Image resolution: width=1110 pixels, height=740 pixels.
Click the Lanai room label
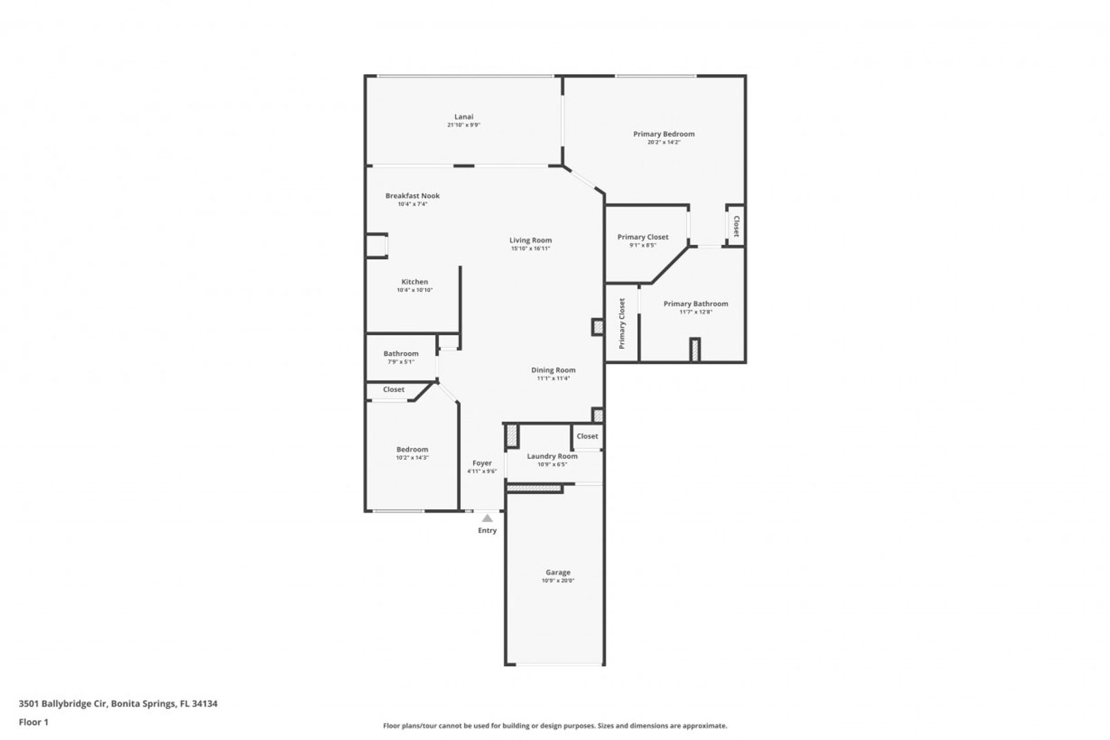click(464, 116)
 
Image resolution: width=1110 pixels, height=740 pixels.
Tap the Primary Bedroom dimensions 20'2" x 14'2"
click(663, 143)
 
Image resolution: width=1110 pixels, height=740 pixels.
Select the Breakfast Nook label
click(412, 196)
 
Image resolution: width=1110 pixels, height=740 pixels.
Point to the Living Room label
click(530, 241)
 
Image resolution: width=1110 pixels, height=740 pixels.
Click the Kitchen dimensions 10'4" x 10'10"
click(415, 290)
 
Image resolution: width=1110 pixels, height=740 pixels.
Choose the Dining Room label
click(553, 370)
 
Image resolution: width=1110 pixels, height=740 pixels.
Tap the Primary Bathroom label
click(695, 304)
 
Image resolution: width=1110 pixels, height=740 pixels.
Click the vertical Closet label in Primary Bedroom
click(737, 226)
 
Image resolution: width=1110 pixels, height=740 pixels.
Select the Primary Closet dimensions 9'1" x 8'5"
click(643, 245)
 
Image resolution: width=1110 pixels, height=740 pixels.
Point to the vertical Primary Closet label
click(622, 323)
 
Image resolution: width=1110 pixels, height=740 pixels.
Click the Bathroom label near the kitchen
click(400, 354)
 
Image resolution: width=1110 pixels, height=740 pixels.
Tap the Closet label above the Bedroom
click(393, 390)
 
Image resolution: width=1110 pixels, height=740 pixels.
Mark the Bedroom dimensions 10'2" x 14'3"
click(412, 458)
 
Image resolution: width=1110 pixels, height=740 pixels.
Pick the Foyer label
click(482, 463)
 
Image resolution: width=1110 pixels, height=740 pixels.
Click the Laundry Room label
click(552, 456)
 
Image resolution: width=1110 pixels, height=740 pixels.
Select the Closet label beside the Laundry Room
click(587, 436)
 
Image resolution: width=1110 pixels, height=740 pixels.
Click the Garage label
click(558, 572)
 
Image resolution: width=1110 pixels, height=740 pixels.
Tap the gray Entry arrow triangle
click(488, 519)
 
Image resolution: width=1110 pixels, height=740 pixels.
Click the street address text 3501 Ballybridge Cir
click(63, 703)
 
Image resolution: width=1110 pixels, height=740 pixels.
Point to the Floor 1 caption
click(34, 722)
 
